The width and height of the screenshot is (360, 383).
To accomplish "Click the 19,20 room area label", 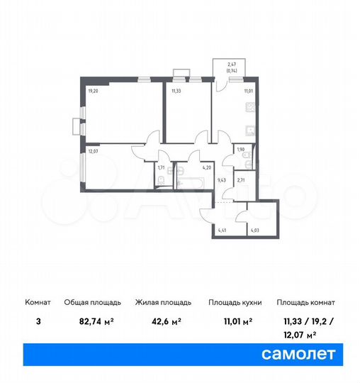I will (93, 91).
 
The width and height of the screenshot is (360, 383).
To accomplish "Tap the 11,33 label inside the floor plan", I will (176, 91).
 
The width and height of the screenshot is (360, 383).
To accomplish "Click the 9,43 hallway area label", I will (221, 180).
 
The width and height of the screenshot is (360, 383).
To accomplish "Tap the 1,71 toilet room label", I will (162, 168).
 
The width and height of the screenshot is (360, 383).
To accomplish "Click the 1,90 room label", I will (240, 150).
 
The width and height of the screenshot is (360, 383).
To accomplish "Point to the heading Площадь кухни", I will (235, 302).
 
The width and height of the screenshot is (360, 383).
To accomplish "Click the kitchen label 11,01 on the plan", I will (249, 91).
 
